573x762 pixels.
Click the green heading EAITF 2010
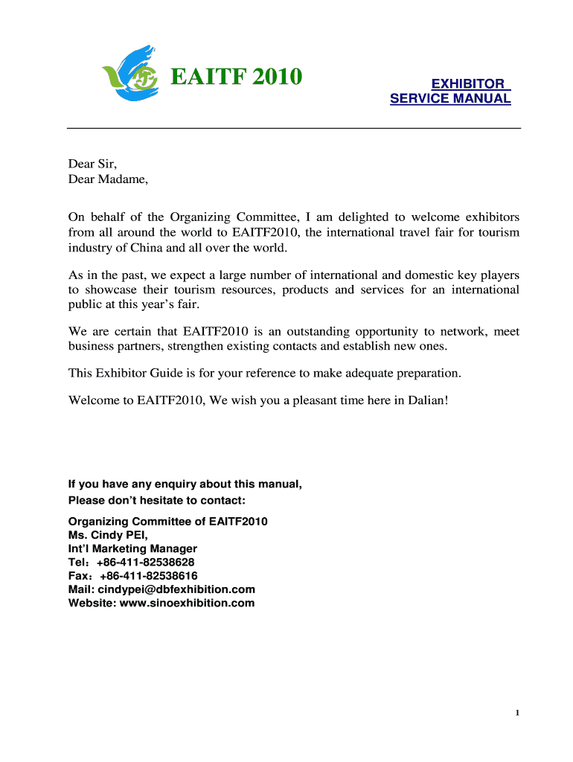[237, 76]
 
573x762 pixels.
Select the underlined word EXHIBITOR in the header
[468, 84]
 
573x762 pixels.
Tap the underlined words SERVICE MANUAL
[450, 98]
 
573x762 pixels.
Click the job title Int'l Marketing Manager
[132, 549]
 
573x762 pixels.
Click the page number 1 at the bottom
[516, 714]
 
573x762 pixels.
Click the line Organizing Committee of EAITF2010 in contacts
[167, 522]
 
